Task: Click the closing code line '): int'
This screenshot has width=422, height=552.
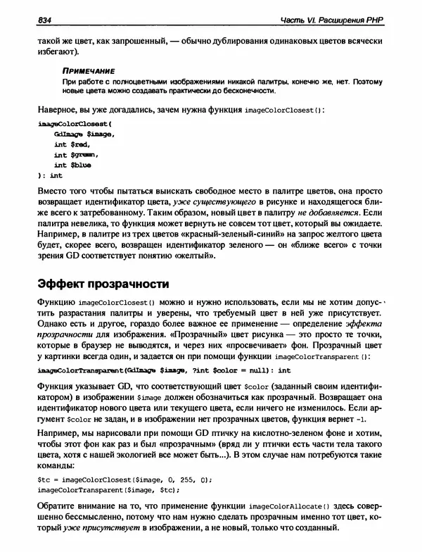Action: click(48, 175)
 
